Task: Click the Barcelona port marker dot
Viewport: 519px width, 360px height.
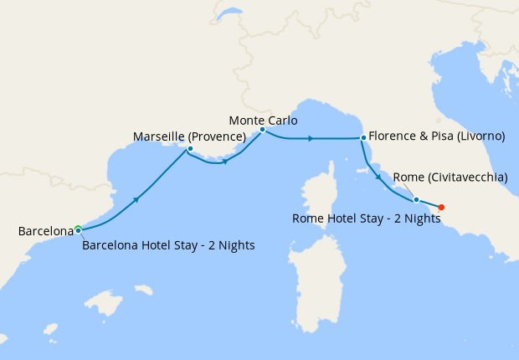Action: (78, 229)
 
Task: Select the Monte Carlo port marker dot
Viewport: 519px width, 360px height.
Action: (262, 130)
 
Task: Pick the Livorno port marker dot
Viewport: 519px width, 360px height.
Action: (362, 137)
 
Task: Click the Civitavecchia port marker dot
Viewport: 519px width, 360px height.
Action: (416, 199)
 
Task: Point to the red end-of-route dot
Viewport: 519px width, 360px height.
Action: (441, 207)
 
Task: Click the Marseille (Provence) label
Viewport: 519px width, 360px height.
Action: (189, 136)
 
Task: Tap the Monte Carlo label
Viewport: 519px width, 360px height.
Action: (263, 120)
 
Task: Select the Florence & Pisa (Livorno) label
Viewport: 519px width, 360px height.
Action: (436, 136)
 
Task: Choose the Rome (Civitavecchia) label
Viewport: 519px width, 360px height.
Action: (450, 177)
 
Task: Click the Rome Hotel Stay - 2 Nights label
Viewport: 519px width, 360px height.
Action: (366, 219)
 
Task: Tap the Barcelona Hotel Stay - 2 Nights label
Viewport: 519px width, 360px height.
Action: (168, 245)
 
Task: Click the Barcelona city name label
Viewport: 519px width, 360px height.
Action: (46, 230)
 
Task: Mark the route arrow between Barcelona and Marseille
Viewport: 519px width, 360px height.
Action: (136, 200)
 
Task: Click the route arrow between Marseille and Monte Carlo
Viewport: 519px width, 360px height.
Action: (227, 161)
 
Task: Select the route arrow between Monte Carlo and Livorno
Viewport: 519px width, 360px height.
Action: (311, 137)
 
